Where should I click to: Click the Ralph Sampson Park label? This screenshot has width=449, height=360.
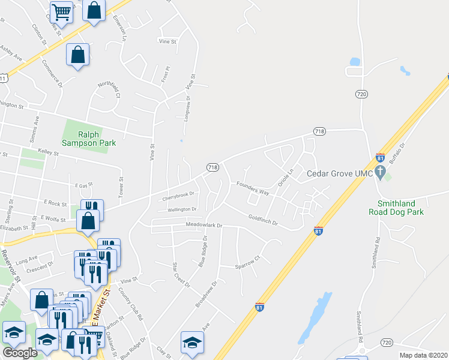pos(89,139)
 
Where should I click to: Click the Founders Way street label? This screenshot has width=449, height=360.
pos(252,187)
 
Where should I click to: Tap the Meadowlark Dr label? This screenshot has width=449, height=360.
pos(204,226)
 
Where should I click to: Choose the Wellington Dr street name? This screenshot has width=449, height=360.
pos(182,209)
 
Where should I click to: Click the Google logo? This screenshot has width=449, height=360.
pos(20,353)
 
